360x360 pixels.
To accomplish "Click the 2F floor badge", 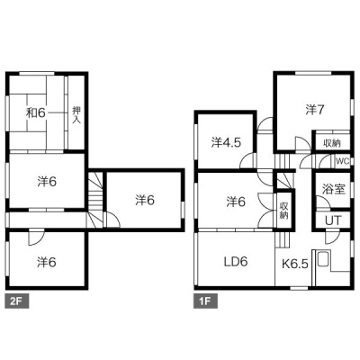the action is (x=17, y=301).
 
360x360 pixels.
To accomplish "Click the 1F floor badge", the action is (x=205, y=301).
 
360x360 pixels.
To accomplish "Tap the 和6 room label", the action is (x=36, y=112).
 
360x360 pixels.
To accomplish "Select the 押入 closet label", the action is (x=76, y=115).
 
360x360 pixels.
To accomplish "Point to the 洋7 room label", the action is (x=315, y=110).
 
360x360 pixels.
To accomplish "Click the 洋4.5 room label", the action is (x=226, y=142).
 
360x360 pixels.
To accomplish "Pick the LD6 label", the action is (x=236, y=262).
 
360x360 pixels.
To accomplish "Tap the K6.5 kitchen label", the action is (x=295, y=264).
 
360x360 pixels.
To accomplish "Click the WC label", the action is (x=342, y=161).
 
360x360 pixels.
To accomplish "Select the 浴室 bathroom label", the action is (x=334, y=189).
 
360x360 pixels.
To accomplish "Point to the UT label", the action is (x=333, y=221).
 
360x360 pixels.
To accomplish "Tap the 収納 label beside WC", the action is (x=332, y=143).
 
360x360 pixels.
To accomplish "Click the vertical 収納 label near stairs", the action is (x=283, y=211).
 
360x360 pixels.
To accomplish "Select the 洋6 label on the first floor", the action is (x=236, y=202).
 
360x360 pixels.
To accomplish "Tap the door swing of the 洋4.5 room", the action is (x=248, y=160).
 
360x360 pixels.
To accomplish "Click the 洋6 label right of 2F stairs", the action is (x=145, y=200).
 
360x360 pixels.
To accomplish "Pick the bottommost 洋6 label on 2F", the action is (x=47, y=262).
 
